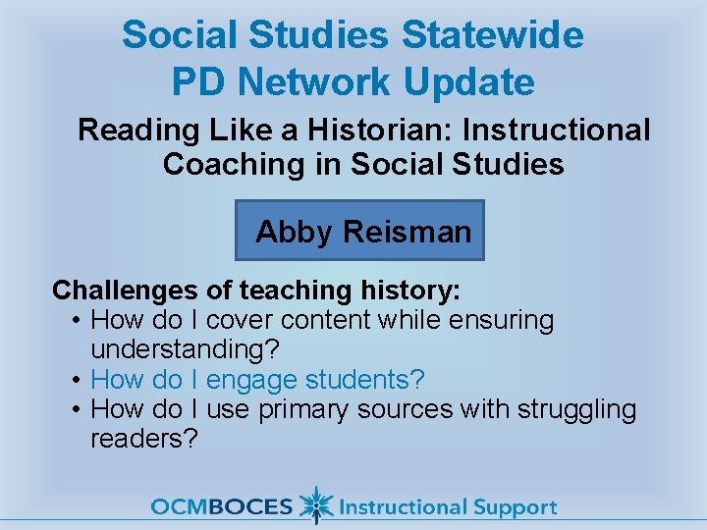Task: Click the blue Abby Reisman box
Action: [360, 231]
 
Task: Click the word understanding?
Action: [186, 349]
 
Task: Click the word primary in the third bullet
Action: [300, 408]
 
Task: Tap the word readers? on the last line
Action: [144, 438]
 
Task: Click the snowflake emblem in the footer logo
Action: [314, 505]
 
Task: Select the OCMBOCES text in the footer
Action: [222, 507]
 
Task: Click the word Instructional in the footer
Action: [403, 507]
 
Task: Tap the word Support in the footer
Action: [515, 508]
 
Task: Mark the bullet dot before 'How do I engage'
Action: [76, 380]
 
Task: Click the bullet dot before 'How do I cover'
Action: [76, 321]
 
